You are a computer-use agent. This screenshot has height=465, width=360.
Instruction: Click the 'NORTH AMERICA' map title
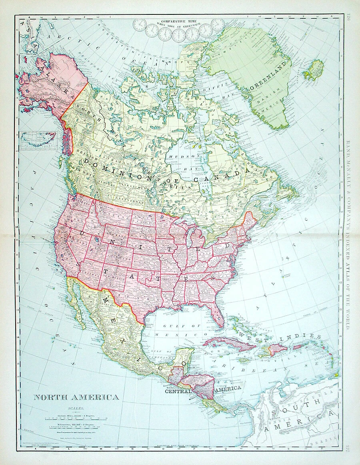[76, 397]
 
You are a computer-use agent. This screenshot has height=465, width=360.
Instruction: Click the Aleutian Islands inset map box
[38, 140]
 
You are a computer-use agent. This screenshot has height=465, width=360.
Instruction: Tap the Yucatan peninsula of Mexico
[184, 356]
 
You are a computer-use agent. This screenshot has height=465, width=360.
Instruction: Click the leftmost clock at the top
[139, 25]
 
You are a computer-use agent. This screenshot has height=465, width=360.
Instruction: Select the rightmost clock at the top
[218, 25]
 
